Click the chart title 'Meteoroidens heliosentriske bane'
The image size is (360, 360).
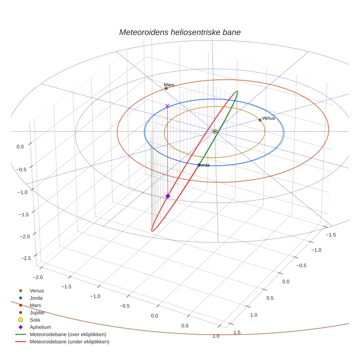tap(180, 32)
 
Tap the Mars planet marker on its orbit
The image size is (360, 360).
tap(166, 88)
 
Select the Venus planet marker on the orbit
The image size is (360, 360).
tap(260, 120)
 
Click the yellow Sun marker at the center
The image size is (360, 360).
tap(215, 131)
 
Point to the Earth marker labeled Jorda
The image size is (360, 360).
tap(199, 165)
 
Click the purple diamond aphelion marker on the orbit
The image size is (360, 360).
tap(168, 196)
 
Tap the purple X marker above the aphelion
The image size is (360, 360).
tap(168, 106)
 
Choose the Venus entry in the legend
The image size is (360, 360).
tap(37, 290)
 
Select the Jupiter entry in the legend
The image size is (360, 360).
tap(37, 312)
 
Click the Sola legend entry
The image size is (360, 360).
tap(35, 320)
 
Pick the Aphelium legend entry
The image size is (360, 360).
tap(40, 327)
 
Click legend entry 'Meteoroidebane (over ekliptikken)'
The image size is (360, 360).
tap(68, 334)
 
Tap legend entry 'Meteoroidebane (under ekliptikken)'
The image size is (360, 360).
tap(70, 342)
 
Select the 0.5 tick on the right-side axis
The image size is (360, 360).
tap(270, 298)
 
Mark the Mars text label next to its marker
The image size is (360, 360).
tap(169, 85)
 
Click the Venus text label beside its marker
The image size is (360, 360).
tap(269, 118)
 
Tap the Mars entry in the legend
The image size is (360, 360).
tap(35, 305)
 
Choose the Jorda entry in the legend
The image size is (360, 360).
tap(36, 298)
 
